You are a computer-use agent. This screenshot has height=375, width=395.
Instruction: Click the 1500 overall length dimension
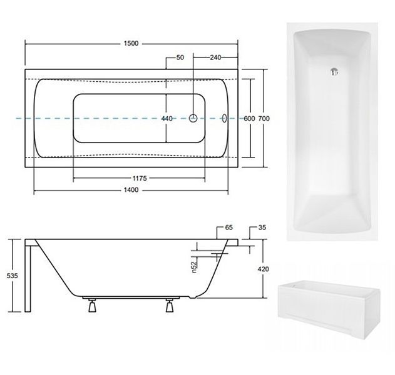(x=131, y=44)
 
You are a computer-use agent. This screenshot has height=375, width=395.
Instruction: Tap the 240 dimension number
(x=215, y=57)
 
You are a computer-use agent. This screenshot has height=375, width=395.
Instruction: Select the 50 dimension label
(x=180, y=57)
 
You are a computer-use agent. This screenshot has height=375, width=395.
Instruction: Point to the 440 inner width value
(x=167, y=119)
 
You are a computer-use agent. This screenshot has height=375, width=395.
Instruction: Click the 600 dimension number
(x=249, y=119)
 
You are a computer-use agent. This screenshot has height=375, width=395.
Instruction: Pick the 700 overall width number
(x=264, y=119)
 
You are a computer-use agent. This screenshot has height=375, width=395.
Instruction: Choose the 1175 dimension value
(x=140, y=178)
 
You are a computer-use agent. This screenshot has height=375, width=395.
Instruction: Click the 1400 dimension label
(x=131, y=190)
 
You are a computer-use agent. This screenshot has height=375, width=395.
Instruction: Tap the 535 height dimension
(x=12, y=276)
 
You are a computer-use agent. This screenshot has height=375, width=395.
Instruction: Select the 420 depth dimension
(x=264, y=269)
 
